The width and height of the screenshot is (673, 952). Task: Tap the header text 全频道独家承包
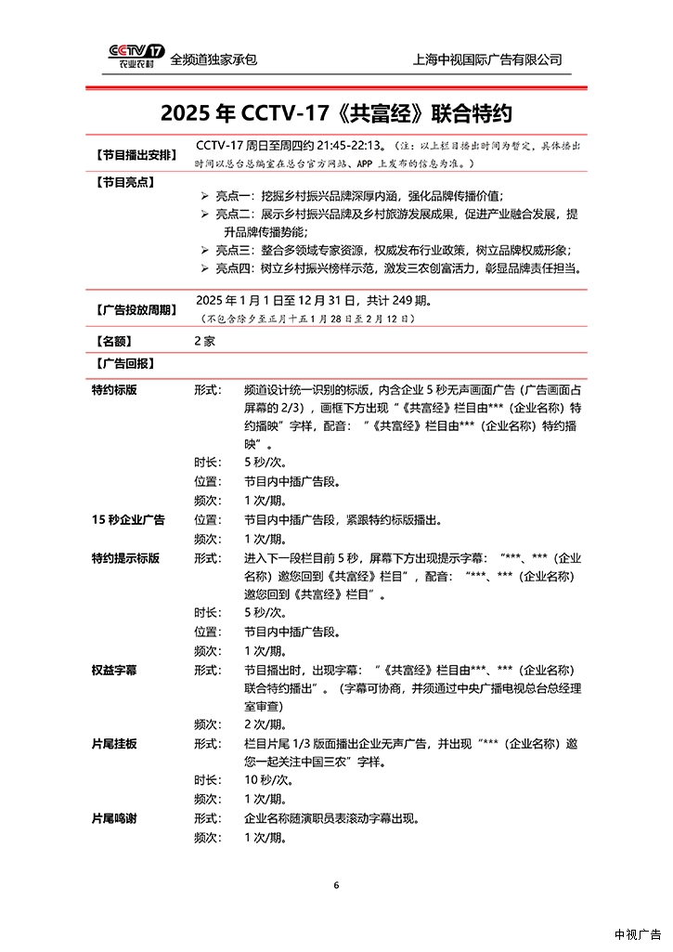click(214, 59)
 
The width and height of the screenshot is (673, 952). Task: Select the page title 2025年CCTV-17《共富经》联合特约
click(336, 113)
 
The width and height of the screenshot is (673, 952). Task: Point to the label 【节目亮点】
click(124, 182)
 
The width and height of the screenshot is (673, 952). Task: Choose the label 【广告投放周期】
click(136, 309)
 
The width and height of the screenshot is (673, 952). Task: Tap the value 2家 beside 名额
click(204, 341)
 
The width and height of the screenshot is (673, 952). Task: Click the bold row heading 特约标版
click(114, 390)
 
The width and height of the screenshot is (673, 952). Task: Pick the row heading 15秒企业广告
click(128, 520)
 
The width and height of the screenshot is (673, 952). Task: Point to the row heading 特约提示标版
click(125, 558)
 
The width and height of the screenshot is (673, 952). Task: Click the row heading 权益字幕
click(114, 670)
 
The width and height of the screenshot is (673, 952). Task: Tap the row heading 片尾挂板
click(114, 744)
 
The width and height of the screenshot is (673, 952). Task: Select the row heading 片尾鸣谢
click(114, 818)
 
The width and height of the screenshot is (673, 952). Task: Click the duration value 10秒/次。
click(265, 781)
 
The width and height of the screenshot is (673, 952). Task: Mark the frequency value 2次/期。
click(265, 724)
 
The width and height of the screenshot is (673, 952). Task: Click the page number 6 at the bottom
click(336, 885)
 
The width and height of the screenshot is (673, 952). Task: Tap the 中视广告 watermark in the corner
click(637, 934)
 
